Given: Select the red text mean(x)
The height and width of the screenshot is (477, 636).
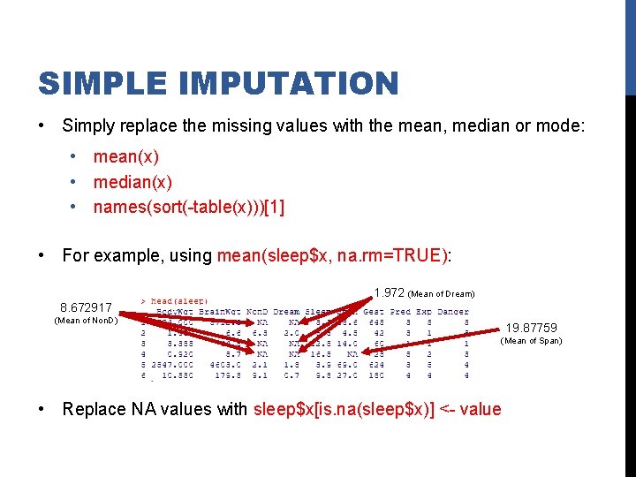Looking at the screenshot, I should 126,156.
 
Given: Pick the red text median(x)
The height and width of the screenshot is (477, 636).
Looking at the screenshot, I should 132,182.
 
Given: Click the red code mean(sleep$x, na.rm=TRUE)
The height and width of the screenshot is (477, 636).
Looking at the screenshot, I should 331,256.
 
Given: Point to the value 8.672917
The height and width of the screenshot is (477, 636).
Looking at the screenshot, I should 87,307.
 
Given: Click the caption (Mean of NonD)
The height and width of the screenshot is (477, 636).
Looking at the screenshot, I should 87,320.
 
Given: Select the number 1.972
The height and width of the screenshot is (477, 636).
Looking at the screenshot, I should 389,292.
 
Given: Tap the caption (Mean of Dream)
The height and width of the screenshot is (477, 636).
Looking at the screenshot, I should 442,294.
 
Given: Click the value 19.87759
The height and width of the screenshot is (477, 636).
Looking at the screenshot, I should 531,328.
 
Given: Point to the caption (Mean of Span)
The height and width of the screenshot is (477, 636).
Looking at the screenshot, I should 531,341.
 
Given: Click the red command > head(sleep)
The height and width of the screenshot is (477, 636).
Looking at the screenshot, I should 174,300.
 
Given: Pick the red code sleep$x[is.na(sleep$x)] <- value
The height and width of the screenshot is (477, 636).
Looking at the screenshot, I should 377,409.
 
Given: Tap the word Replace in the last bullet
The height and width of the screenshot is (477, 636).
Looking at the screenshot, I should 93,409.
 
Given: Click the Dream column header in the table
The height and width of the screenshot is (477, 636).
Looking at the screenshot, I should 286,312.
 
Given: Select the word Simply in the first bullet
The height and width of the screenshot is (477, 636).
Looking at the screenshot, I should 88,126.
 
